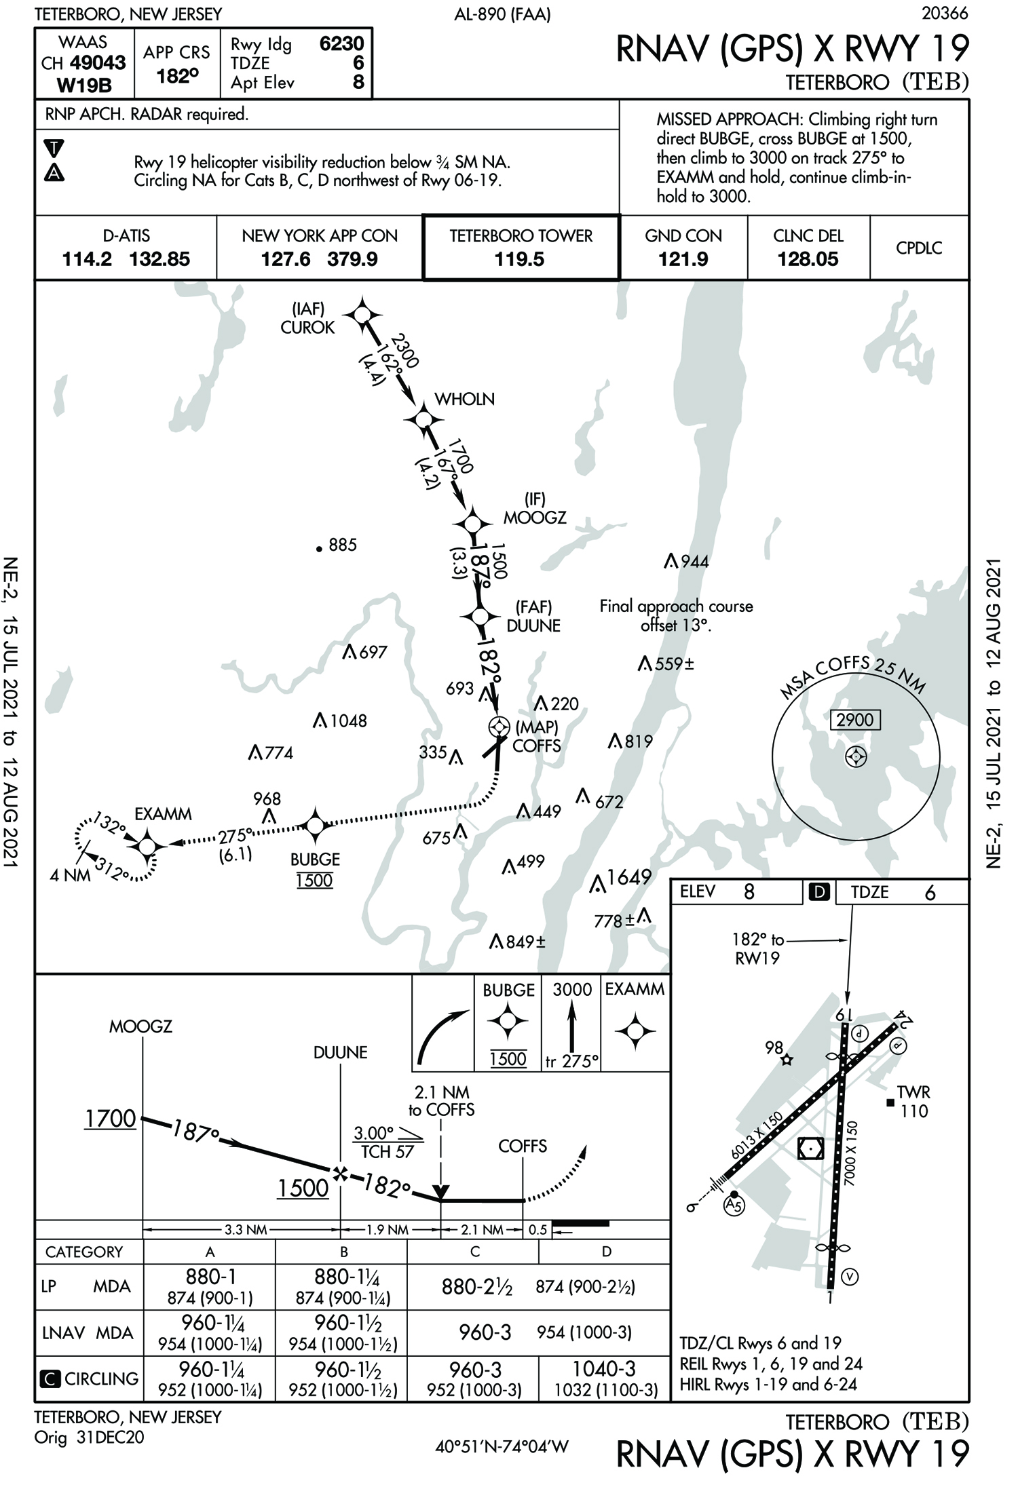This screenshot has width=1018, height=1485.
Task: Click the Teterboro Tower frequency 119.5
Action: (519, 259)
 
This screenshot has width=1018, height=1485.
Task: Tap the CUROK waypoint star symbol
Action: (362, 315)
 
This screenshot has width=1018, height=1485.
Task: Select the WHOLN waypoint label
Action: (464, 399)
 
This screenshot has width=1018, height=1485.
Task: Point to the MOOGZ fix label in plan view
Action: (534, 518)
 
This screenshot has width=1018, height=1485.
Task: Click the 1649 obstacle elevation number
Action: (629, 878)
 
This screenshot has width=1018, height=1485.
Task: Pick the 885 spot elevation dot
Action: (319, 549)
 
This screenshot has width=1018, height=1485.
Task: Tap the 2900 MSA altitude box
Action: (854, 720)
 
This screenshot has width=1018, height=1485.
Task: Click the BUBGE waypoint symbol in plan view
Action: (315, 826)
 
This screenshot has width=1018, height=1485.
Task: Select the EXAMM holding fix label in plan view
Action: (163, 813)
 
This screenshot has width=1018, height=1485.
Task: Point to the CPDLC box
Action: (919, 248)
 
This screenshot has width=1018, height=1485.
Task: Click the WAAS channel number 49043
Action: (98, 63)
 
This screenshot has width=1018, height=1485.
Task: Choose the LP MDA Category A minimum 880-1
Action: (210, 1277)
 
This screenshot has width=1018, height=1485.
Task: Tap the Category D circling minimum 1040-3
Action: (604, 1369)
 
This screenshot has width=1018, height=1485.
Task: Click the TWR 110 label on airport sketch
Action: (913, 1102)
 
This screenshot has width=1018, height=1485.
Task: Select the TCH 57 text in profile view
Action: (387, 1152)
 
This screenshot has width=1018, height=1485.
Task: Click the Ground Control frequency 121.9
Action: (683, 259)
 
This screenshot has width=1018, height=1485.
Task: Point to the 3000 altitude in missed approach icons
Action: (572, 990)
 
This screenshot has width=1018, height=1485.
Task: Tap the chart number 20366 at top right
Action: (945, 13)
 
